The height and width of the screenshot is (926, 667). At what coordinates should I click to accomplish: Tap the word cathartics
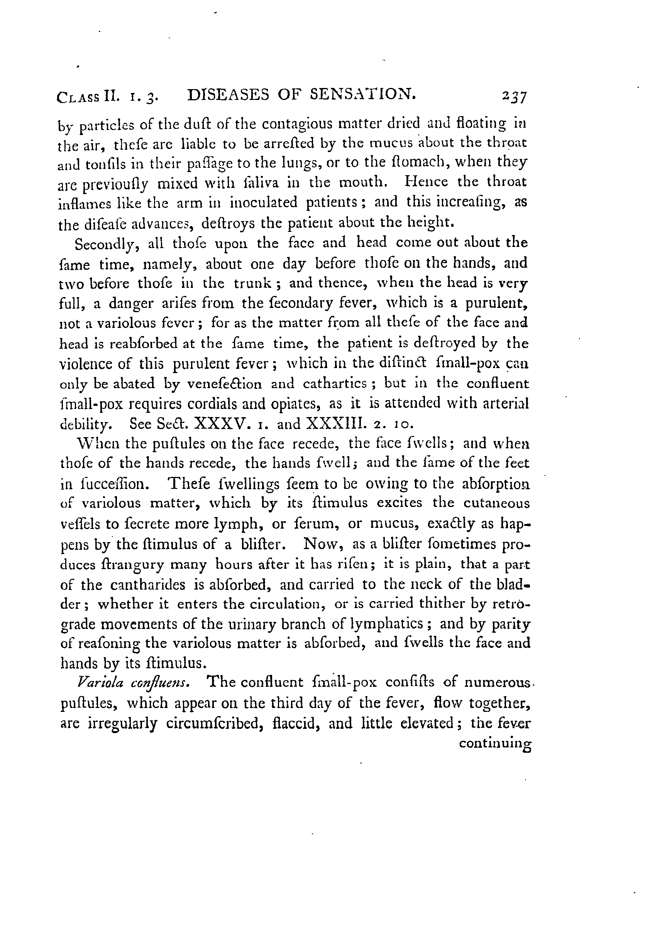coord(335,384)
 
